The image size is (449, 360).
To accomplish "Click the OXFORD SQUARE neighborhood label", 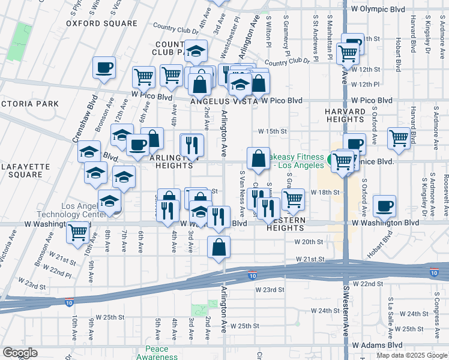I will click(101, 24).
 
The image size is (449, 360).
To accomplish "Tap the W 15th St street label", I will click(273, 131).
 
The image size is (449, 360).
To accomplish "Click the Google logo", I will click(20, 353).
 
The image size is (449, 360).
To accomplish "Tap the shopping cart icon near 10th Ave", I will click(77, 232).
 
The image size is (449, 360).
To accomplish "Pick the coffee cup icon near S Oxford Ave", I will click(385, 206).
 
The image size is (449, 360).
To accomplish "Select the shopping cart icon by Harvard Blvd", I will click(399, 138).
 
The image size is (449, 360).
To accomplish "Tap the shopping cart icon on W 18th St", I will click(293, 199).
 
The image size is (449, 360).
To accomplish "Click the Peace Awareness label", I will click(157, 353).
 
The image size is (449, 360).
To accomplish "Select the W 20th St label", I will click(309, 242).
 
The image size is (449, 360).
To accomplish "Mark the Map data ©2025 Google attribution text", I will click(411, 355).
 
